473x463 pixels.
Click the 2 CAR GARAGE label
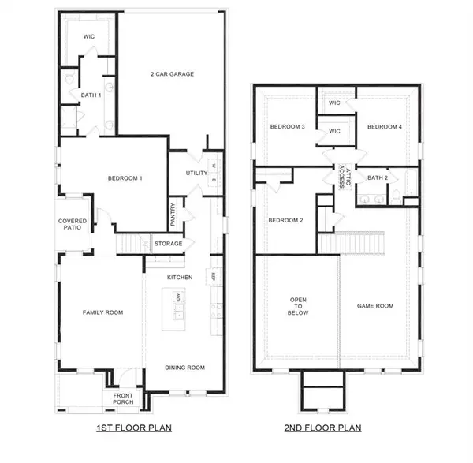[172, 74]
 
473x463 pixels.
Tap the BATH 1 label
[90, 95]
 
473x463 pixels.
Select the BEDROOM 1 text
[125, 178]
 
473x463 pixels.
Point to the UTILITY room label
[196, 173]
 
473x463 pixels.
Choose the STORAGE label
[168, 244]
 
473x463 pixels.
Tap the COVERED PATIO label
[73, 226]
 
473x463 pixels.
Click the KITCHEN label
[180, 278]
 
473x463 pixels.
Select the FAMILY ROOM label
[103, 312]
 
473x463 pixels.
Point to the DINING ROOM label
[184, 367]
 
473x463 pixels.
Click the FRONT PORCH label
[123, 399]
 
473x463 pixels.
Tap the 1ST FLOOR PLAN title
[130, 428]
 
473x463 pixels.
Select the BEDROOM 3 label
[287, 126]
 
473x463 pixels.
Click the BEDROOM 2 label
[285, 220]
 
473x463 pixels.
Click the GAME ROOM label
[374, 306]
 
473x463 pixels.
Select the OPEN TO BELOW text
[298, 306]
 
